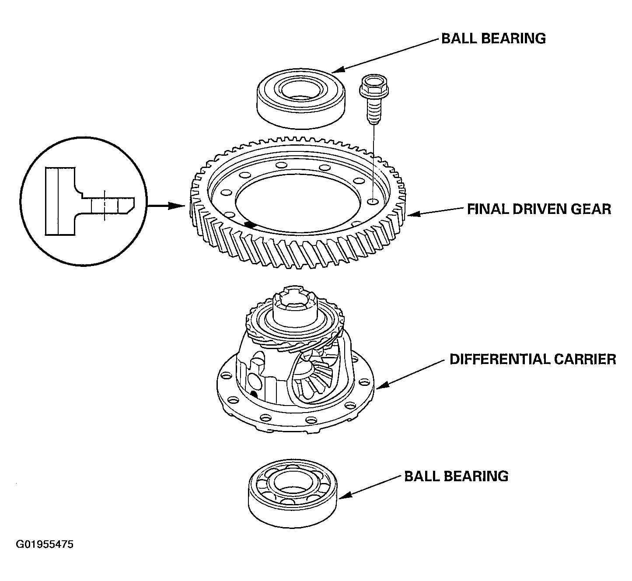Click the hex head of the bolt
click(374, 86)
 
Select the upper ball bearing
click(301, 99)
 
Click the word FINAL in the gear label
click(487, 209)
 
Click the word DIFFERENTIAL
click(499, 359)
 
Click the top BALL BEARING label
click(493, 38)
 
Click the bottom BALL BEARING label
click(456, 476)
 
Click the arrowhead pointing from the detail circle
click(176, 206)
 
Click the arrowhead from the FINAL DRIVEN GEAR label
click(414, 214)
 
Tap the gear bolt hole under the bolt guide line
click(373, 201)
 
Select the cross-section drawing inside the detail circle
click(90, 201)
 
